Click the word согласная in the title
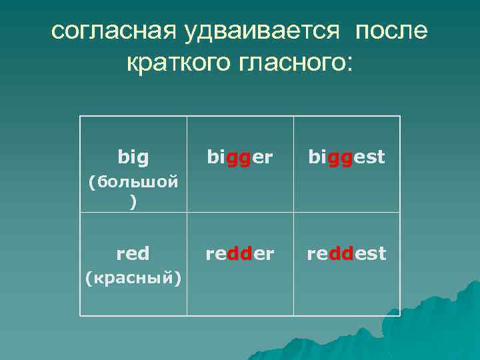click(x=113, y=32)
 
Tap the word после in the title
click(x=392, y=32)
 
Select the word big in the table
click(x=133, y=157)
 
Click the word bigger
click(x=240, y=157)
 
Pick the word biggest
click(x=346, y=157)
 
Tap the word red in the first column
click(x=133, y=253)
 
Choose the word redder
click(x=240, y=253)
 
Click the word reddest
click(x=346, y=253)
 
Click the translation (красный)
click(x=133, y=277)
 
